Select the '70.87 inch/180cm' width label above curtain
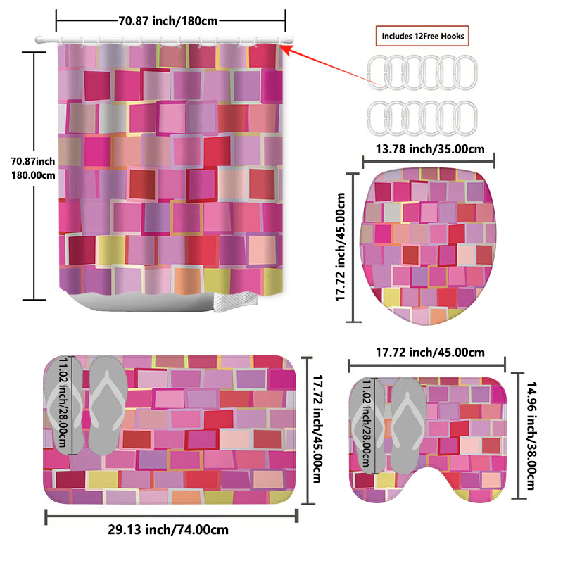(x=168, y=20)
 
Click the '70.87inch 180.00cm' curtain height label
(x=32, y=169)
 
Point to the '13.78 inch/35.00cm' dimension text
(x=429, y=148)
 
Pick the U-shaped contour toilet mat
(x=450, y=436)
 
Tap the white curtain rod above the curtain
(x=169, y=38)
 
